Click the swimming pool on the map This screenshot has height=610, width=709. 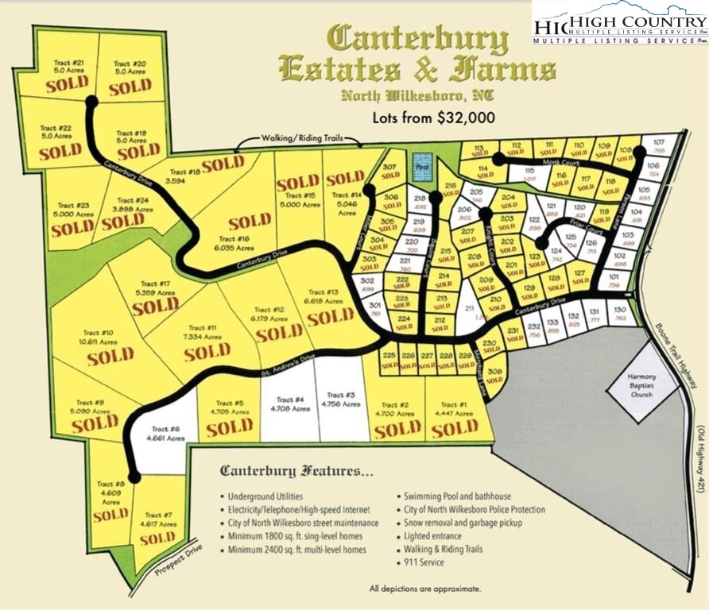click(422, 168)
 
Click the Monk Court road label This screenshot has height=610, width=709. click(560, 162)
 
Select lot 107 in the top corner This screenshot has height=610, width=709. click(658, 146)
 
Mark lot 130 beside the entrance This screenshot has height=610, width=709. click(621, 314)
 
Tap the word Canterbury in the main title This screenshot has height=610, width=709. click(418, 37)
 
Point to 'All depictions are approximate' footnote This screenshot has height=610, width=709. click(424, 589)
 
